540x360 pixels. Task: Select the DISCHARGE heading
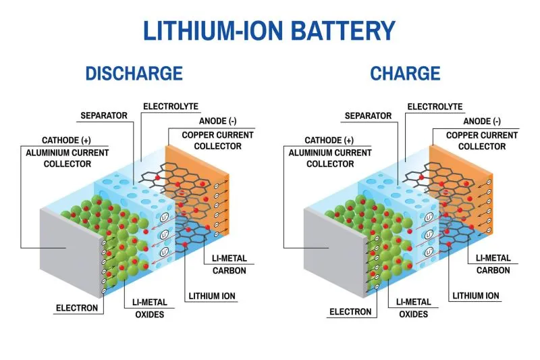pos(134,74)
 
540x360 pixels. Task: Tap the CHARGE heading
pos(405,74)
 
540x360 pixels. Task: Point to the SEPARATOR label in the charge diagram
pos(369,115)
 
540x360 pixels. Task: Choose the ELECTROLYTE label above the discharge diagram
pos(171,106)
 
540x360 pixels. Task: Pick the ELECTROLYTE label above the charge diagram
pos(435,106)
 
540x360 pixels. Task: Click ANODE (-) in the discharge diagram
pos(217,121)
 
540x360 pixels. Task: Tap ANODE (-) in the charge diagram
pos(482,121)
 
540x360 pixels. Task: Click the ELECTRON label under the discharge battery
pos(76,308)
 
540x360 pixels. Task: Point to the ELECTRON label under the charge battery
pos(350,312)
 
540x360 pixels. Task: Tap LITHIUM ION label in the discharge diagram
pos(213,296)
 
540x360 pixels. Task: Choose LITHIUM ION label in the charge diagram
pos(476,296)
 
